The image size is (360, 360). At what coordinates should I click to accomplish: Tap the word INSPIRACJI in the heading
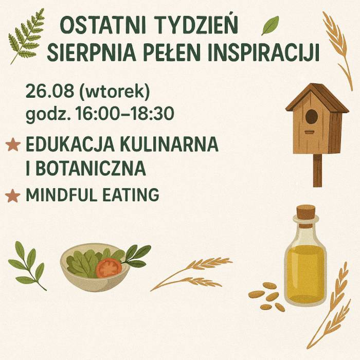[271, 53]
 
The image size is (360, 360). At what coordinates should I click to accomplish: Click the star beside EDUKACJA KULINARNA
[12, 146]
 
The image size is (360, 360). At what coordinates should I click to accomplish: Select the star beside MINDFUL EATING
[12, 196]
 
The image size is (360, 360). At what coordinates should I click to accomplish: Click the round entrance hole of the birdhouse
[312, 117]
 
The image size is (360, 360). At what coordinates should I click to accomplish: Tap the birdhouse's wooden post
[317, 170]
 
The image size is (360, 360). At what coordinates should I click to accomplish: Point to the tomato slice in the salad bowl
[109, 268]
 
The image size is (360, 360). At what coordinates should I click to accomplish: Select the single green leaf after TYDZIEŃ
[270, 25]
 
